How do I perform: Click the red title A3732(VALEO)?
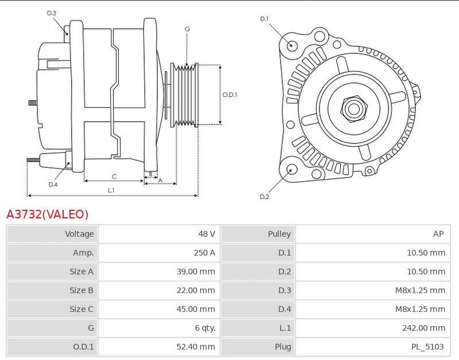pos(48,214)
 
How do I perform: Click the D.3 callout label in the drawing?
pos(52,13)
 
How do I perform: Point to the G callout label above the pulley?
pos(187,29)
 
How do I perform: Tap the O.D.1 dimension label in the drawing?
pos(229,95)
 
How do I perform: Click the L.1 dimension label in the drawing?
pos(111,190)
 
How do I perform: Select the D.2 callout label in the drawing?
pos(264,197)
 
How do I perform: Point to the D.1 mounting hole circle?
pos(292,46)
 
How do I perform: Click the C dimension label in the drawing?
pos(114,177)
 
